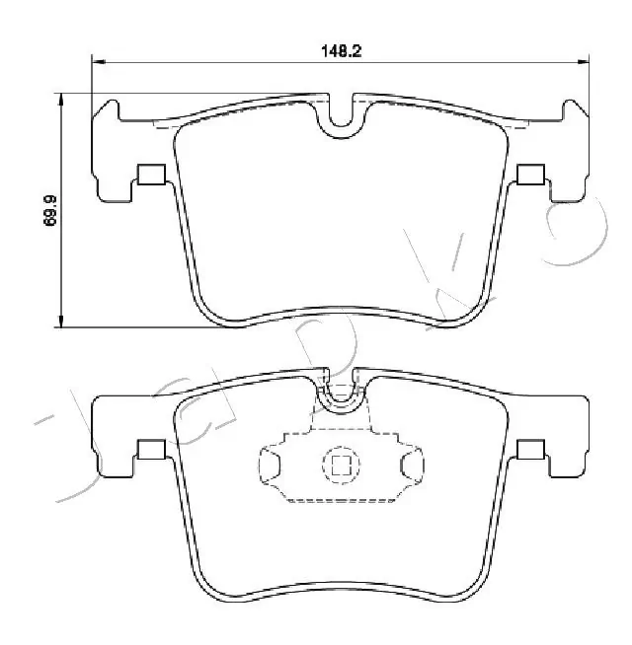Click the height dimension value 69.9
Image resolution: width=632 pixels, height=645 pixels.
point(49,211)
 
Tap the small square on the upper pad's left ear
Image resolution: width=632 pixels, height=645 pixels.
point(151,175)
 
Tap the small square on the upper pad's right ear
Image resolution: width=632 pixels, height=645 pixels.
point(530,175)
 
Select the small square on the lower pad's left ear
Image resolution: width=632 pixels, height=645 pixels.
point(151,450)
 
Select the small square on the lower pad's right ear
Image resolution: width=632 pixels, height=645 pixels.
point(530,450)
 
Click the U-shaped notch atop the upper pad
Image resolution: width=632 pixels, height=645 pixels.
point(341,115)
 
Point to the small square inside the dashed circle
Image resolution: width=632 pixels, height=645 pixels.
point(341,465)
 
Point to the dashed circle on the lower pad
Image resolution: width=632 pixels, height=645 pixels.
point(341,465)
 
